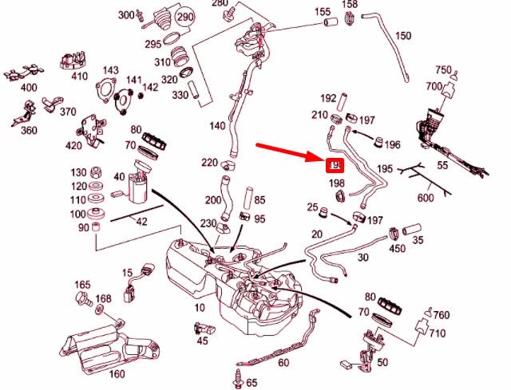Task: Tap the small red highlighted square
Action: tap(335, 165)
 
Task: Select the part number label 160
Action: tap(117, 374)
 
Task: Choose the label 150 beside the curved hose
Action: tap(403, 36)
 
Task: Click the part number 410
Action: tap(79, 77)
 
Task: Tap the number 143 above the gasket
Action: tap(110, 70)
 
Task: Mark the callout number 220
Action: tap(209, 163)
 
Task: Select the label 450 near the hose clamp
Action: tap(397, 249)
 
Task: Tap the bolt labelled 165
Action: tap(80, 298)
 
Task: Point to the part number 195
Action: tap(385, 170)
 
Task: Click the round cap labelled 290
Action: tap(185, 17)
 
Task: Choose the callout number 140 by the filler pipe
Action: tap(216, 126)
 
